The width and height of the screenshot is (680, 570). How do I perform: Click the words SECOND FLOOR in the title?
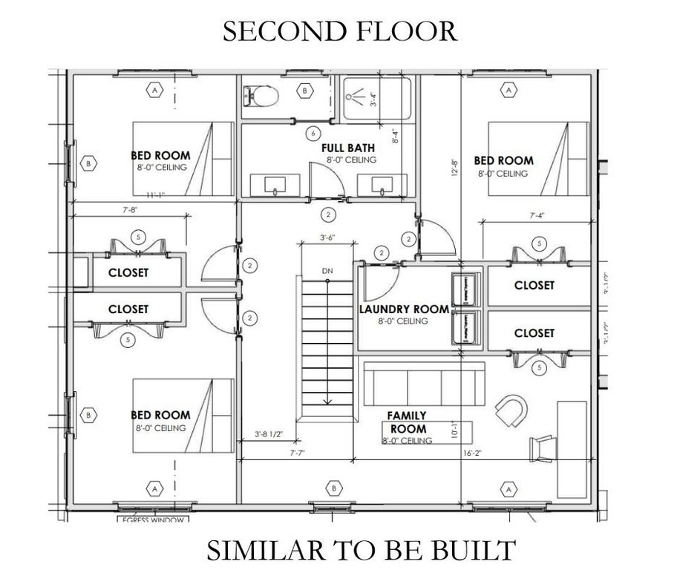tap(339, 30)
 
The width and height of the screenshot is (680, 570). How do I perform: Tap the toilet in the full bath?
tap(261, 94)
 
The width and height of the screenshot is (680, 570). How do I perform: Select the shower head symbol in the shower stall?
tap(359, 97)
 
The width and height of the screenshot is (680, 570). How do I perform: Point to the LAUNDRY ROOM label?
tap(405, 309)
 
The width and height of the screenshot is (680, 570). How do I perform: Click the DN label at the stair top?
tap(327, 271)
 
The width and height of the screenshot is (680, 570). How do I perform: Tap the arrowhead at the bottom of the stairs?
tap(327, 401)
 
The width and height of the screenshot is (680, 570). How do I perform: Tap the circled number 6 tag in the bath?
tap(314, 133)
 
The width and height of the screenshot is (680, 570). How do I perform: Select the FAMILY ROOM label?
tap(408, 422)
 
